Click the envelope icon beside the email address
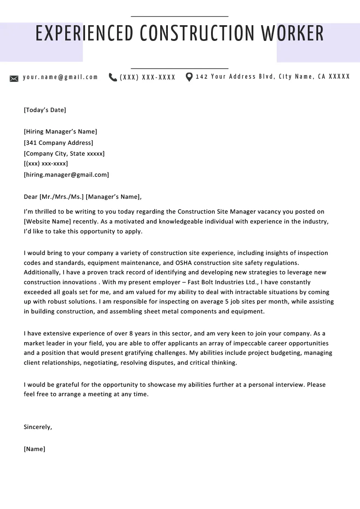coord(14,79)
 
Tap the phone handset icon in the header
coord(113,77)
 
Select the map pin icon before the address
coord(189,77)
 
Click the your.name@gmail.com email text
coord(60,77)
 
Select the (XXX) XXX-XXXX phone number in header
coord(148,77)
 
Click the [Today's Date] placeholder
coord(45,110)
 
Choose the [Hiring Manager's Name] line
coord(60,132)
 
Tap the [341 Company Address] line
coord(58,143)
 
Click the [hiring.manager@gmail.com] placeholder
coord(66,175)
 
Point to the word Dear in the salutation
coord(31,196)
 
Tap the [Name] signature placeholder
coord(35,449)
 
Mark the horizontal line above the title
coord(180,16)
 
